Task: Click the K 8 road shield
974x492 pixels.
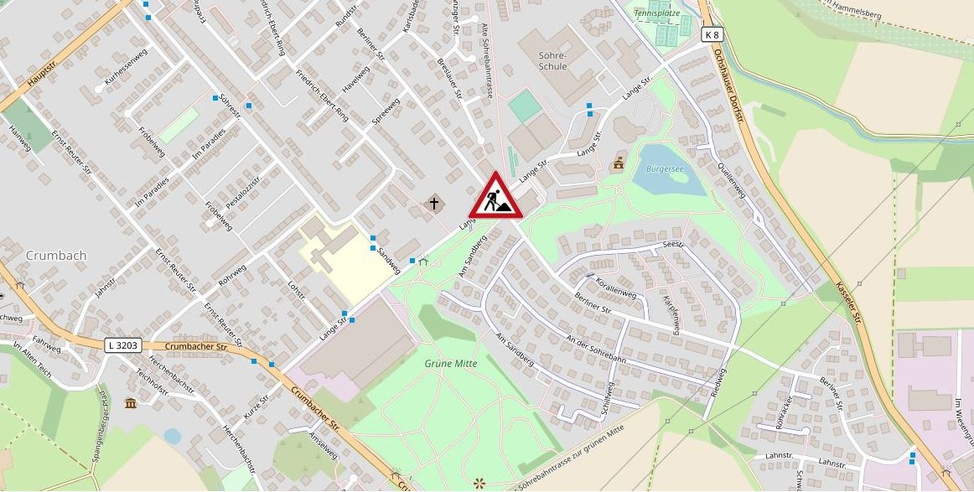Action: click(712, 34)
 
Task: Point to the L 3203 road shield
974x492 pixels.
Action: click(124, 345)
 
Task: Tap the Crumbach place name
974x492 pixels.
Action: click(56, 255)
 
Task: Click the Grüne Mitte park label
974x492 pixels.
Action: click(450, 364)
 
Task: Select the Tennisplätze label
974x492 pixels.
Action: click(658, 13)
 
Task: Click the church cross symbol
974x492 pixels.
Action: click(434, 203)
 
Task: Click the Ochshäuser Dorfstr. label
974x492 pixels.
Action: click(728, 85)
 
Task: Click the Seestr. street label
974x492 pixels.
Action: click(673, 245)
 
